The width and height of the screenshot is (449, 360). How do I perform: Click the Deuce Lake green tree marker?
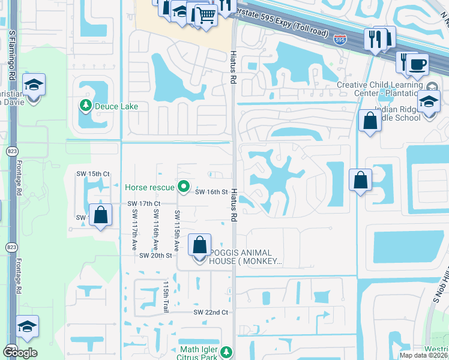(x=85, y=106)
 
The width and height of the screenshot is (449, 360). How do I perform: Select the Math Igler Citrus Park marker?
(x=226, y=351)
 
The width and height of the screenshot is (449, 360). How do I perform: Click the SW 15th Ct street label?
(x=92, y=174)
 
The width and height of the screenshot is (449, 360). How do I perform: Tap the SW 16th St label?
(x=211, y=192)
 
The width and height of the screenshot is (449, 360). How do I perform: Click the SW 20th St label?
(x=155, y=256)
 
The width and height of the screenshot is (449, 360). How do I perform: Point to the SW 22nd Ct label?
(x=210, y=313)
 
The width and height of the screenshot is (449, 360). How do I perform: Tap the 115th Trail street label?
(x=166, y=295)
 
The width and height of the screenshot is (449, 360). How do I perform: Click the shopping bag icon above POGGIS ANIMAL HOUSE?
(x=199, y=245)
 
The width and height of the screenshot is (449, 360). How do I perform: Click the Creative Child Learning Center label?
(x=385, y=89)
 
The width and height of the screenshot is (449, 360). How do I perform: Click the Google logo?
(x=20, y=353)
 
